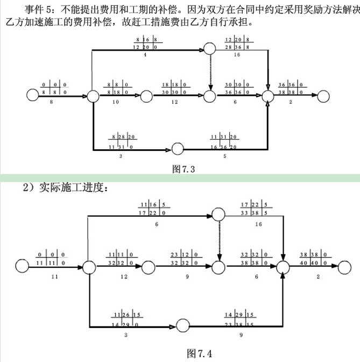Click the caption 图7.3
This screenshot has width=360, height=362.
pos(183,169)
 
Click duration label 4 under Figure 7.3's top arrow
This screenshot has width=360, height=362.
pos(145,55)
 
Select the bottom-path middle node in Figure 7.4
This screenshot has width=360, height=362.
pos(183,325)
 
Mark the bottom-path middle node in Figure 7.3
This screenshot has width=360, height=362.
pos(178,149)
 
